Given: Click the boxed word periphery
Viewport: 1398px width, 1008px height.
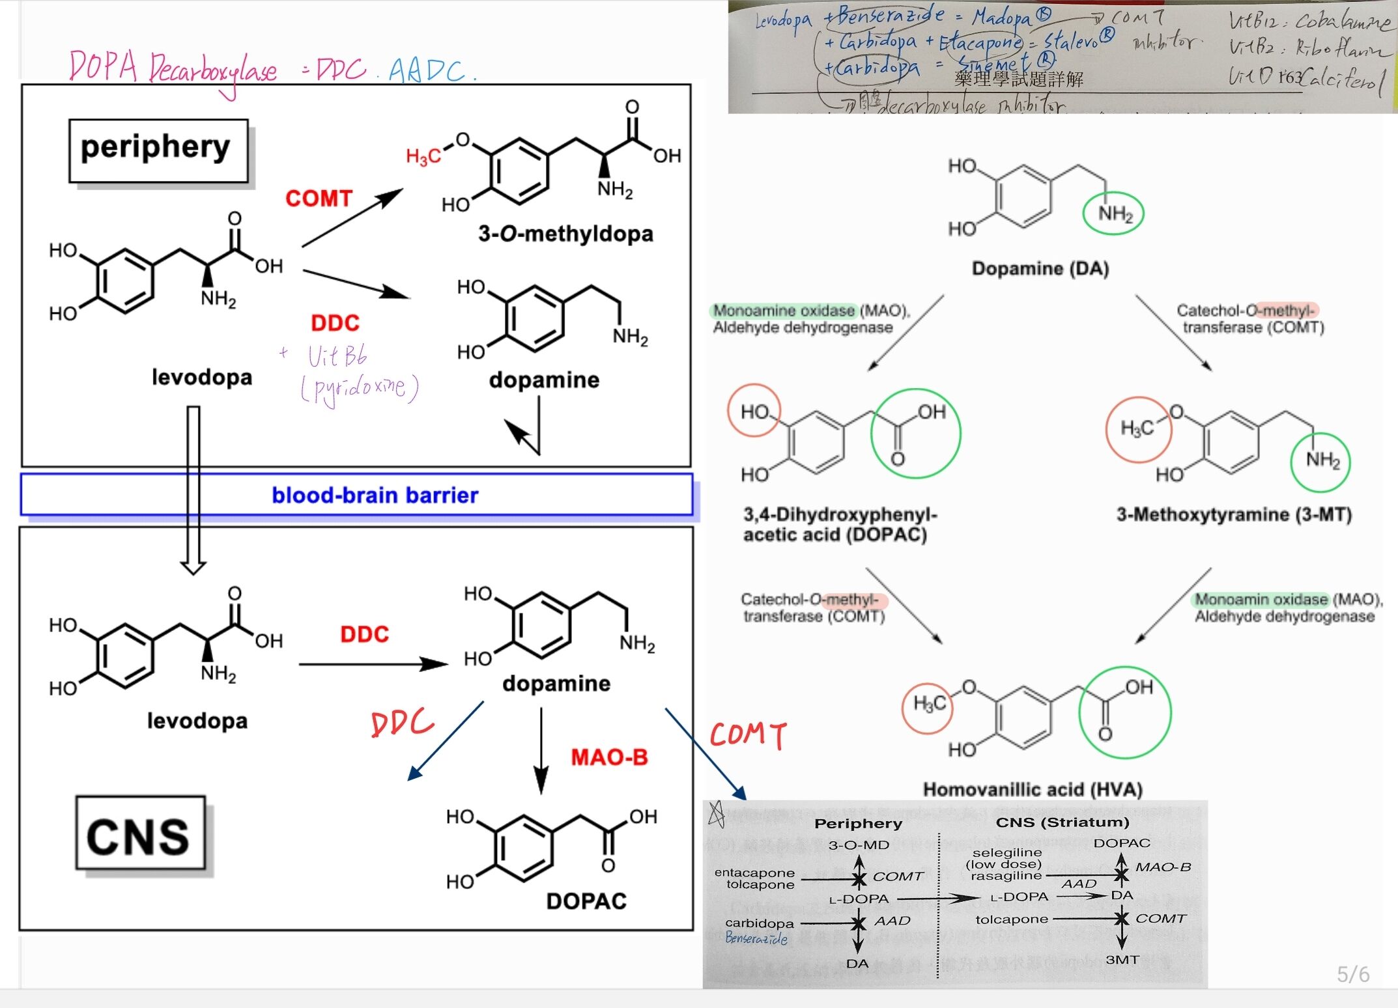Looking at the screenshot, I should [156, 148].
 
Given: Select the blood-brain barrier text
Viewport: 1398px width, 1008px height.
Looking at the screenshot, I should [375, 496].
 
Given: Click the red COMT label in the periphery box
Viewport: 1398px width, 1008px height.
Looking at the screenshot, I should [319, 199].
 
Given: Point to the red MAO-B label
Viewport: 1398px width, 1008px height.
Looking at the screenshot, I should [609, 757].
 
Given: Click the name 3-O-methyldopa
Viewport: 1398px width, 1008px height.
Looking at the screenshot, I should [565, 234].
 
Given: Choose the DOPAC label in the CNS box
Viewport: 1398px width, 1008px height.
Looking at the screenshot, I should [586, 901].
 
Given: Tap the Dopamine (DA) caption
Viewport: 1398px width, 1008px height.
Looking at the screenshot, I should [1040, 268].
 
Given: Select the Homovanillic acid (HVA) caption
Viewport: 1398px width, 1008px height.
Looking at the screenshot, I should [1033, 790].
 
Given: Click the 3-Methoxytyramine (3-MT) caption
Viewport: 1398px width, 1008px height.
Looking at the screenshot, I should [1234, 515].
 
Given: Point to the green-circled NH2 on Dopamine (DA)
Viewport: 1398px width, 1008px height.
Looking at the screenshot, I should [1113, 214].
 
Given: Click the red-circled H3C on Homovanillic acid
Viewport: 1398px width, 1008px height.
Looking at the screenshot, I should [928, 704].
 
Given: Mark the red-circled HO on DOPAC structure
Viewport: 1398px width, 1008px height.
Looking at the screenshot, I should [754, 412].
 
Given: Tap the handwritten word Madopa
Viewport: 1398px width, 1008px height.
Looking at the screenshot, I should [1002, 17].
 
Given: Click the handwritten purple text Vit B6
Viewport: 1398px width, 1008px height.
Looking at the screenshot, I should [337, 356].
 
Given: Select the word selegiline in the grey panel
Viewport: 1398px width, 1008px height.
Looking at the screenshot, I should [1006, 852].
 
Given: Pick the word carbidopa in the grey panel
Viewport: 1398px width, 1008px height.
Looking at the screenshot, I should [760, 923].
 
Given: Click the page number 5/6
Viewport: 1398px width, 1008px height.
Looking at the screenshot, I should [1352, 974].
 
